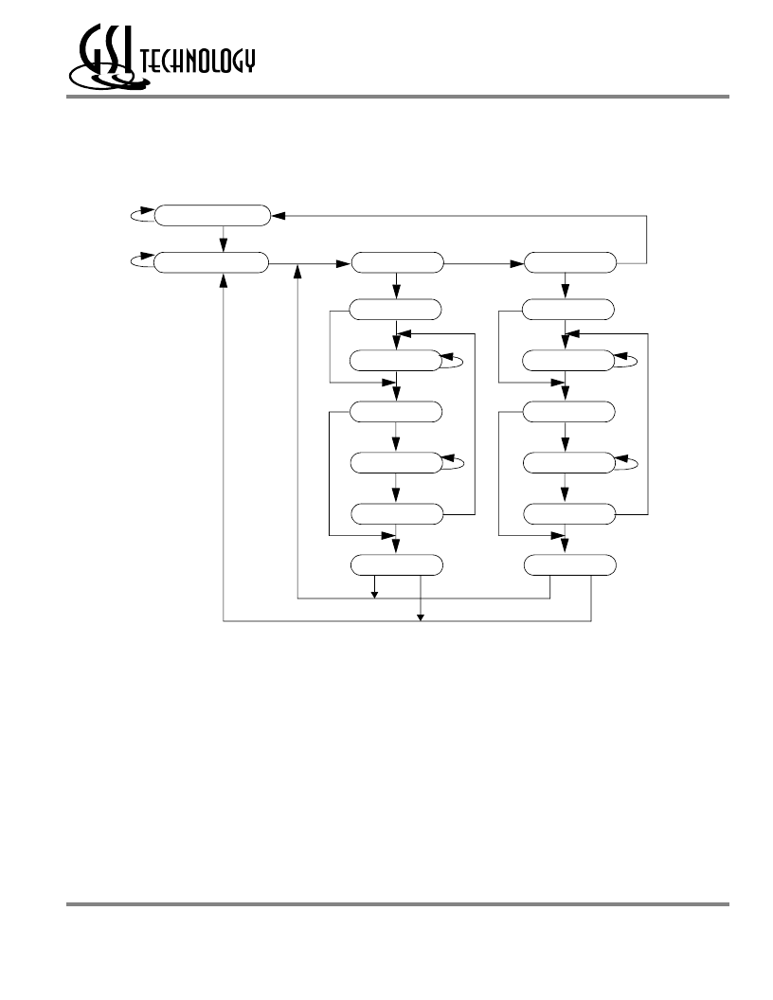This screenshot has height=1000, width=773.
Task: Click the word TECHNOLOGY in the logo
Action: pyautogui.click(x=198, y=62)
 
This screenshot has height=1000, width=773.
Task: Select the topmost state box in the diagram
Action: pyautogui.click(x=212, y=216)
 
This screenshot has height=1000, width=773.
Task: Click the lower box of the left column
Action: pyautogui.click(x=211, y=262)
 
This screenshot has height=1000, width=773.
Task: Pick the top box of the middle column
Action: pyautogui.click(x=397, y=262)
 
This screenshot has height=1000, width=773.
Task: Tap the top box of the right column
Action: pyautogui.click(x=570, y=262)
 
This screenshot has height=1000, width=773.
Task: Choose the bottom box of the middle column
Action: pyautogui.click(x=397, y=565)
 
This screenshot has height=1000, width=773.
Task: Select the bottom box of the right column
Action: pyautogui.click(x=570, y=565)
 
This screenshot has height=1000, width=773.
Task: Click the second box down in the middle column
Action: pyautogui.click(x=395, y=310)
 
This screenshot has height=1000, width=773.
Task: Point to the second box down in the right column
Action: pyautogui.click(x=568, y=310)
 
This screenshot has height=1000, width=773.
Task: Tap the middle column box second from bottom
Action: pyautogui.click(x=397, y=514)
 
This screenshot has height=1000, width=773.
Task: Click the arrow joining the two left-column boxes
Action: pyautogui.click(x=224, y=240)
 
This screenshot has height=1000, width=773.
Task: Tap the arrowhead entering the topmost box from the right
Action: pyautogui.click(x=279, y=216)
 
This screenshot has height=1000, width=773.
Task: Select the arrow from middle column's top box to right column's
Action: pyautogui.click(x=483, y=262)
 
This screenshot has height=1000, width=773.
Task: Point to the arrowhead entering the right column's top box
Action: pyautogui.click(x=517, y=262)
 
